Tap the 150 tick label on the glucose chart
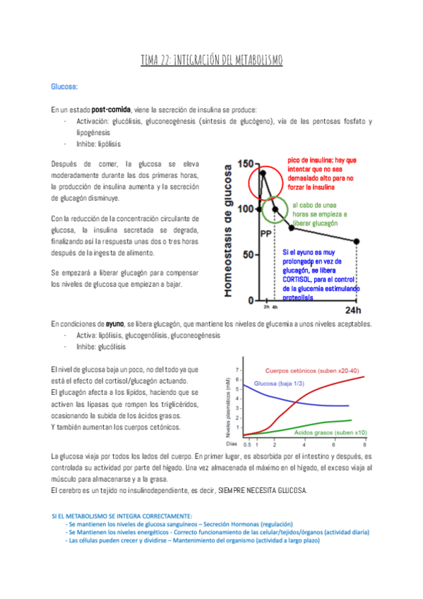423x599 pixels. click(x=245, y=165)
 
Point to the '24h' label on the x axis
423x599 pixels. click(x=353, y=309)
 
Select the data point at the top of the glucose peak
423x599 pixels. click(x=263, y=172)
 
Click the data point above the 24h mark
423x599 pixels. click(x=357, y=242)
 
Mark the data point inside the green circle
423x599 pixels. click(x=275, y=208)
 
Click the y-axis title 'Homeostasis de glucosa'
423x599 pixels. click(x=229, y=230)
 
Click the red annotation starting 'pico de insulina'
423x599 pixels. click(x=321, y=174)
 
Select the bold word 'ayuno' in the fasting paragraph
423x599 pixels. click(x=105, y=324)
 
